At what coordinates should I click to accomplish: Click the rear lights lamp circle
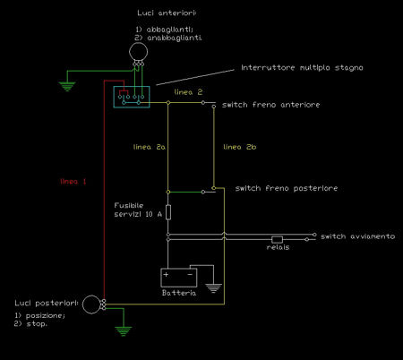coord(82,304)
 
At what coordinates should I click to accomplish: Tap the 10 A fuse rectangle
coord(168,212)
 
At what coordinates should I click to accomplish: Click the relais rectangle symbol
coord(277,239)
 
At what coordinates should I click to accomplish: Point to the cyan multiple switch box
coord(114,97)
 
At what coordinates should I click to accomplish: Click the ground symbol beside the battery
coord(213,288)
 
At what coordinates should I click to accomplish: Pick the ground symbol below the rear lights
coord(123,331)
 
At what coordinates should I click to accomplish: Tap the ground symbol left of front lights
coord(67,86)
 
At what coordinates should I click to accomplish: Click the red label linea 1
coord(73,182)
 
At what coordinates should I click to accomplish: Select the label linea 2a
coord(150,147)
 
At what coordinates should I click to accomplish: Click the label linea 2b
coord(240,147)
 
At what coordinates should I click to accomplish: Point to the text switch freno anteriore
coord(270,105)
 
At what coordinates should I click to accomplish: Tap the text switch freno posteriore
coord(287,188)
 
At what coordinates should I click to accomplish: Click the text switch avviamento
coord(357,236)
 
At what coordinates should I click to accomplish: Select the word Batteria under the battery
coord(179,293)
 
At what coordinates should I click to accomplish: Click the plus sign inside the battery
coord(166,274)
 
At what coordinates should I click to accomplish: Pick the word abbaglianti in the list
coord(169,30)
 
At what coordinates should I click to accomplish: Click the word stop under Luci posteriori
coord(37,324)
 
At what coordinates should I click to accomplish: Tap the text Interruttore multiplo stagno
coord(302,68)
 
